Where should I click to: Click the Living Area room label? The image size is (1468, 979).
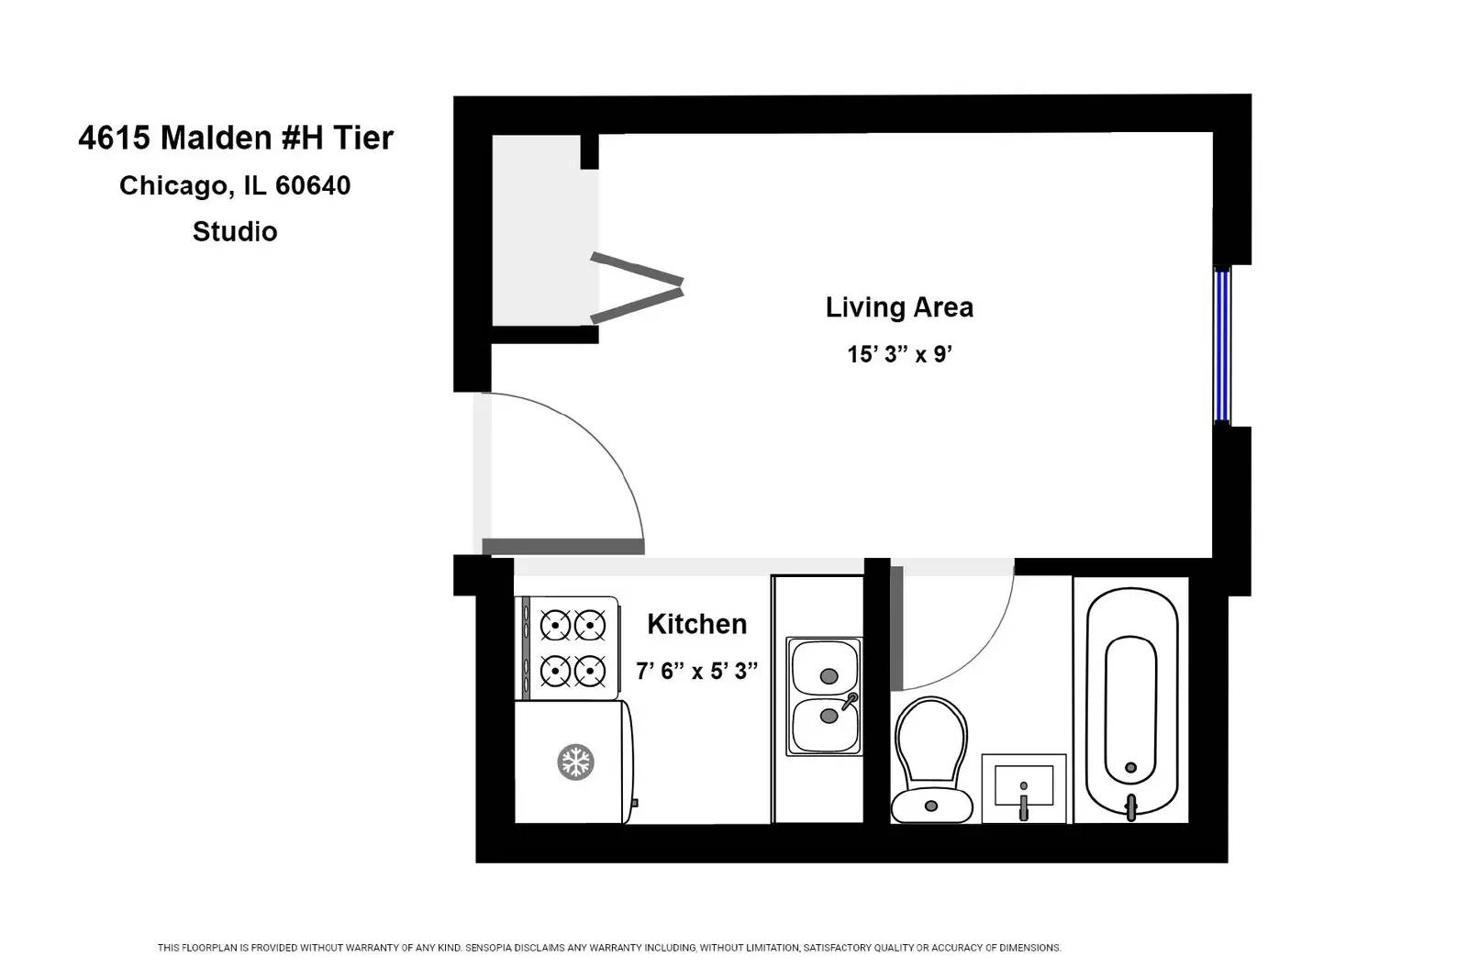click(x=899, y=307)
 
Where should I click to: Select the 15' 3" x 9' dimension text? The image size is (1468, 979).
click(x=899, y=354)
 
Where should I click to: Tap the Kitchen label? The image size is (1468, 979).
click(x=696, y=624)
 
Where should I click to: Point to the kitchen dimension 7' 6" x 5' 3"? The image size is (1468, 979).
click(x=696, y=672)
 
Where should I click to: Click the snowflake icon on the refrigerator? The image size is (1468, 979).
click(x=576, y=762)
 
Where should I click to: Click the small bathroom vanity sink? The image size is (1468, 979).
click(x=1024, y=787)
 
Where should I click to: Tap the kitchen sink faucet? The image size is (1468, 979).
click(x=850, y=702)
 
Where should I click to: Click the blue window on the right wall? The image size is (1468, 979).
click(x=1222, y=345)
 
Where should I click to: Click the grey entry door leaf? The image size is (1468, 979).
click(x=563, y=547)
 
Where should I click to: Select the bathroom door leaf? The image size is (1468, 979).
click(x=897, y=629)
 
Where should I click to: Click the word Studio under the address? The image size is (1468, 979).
click(x=235, y=231)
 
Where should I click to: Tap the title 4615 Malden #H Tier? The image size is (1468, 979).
click(x=236, y=138)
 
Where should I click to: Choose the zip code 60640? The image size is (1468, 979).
click(x=313, y=185)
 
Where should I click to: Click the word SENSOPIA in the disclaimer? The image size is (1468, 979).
click(x=489, y=948)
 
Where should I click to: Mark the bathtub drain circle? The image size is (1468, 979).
click(x=1130, y=768)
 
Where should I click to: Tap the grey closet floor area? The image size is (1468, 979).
click(x=537, y=229)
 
